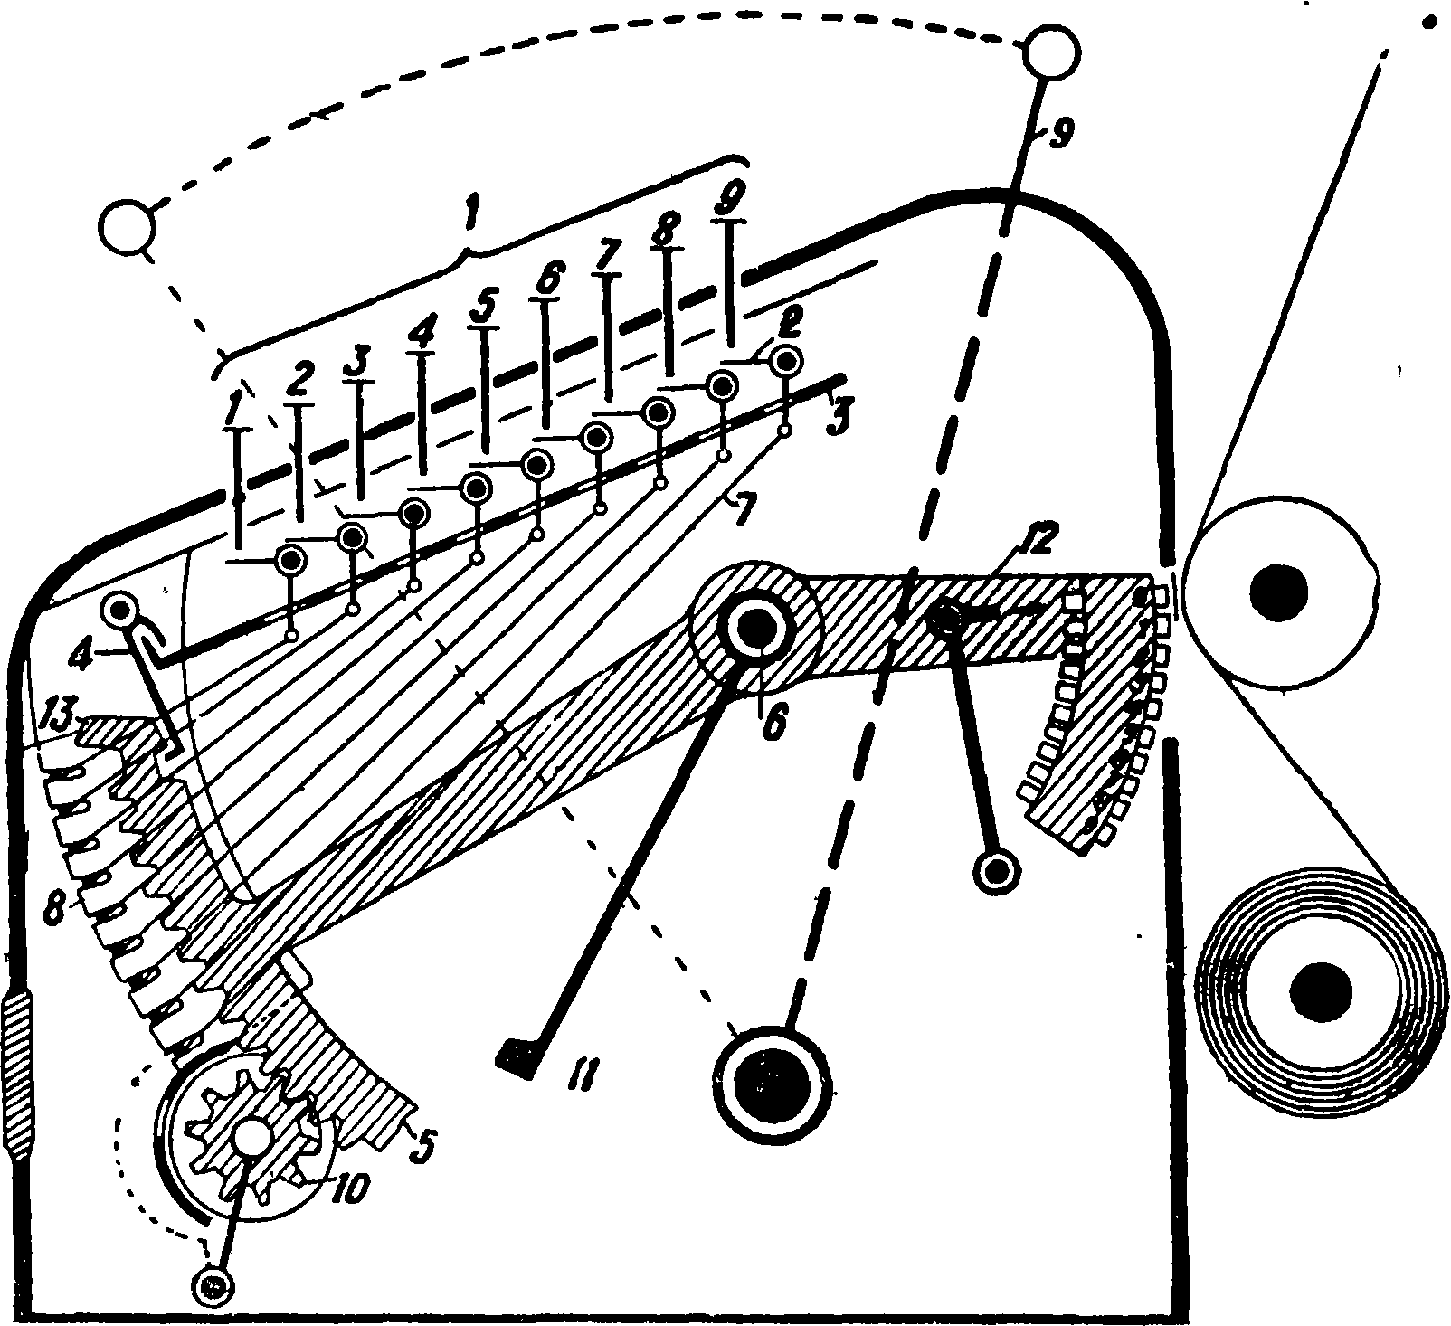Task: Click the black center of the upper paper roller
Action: pos(1278,593)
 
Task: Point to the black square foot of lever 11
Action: pos(517,1056)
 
